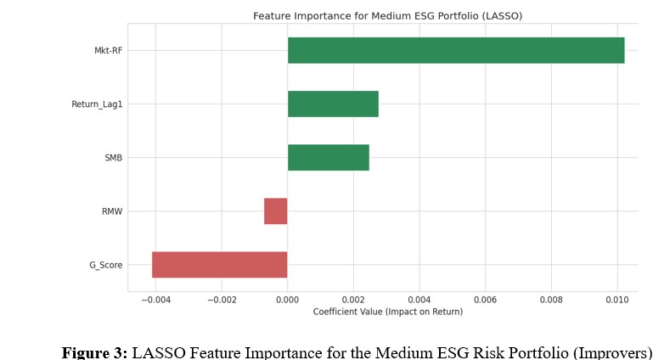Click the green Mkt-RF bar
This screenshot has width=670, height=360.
455,50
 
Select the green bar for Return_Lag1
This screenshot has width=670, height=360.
333,104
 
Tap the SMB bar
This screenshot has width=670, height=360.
328,158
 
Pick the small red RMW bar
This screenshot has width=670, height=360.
276,211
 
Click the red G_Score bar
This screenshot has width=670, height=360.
219,265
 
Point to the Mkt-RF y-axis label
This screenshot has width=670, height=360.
108,50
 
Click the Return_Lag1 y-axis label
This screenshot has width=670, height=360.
97,104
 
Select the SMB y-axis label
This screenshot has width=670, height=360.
113,158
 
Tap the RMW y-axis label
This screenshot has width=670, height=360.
112,211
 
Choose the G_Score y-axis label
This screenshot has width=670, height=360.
106,265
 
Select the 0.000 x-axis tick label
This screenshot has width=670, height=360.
288,300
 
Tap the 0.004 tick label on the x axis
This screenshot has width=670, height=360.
419,300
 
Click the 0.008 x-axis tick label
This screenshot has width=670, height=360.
551,300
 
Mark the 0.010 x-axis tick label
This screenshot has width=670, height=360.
617,300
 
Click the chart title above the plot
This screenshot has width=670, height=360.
387,16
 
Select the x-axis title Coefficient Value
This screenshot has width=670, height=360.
387,312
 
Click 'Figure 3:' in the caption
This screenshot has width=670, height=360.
94,352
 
